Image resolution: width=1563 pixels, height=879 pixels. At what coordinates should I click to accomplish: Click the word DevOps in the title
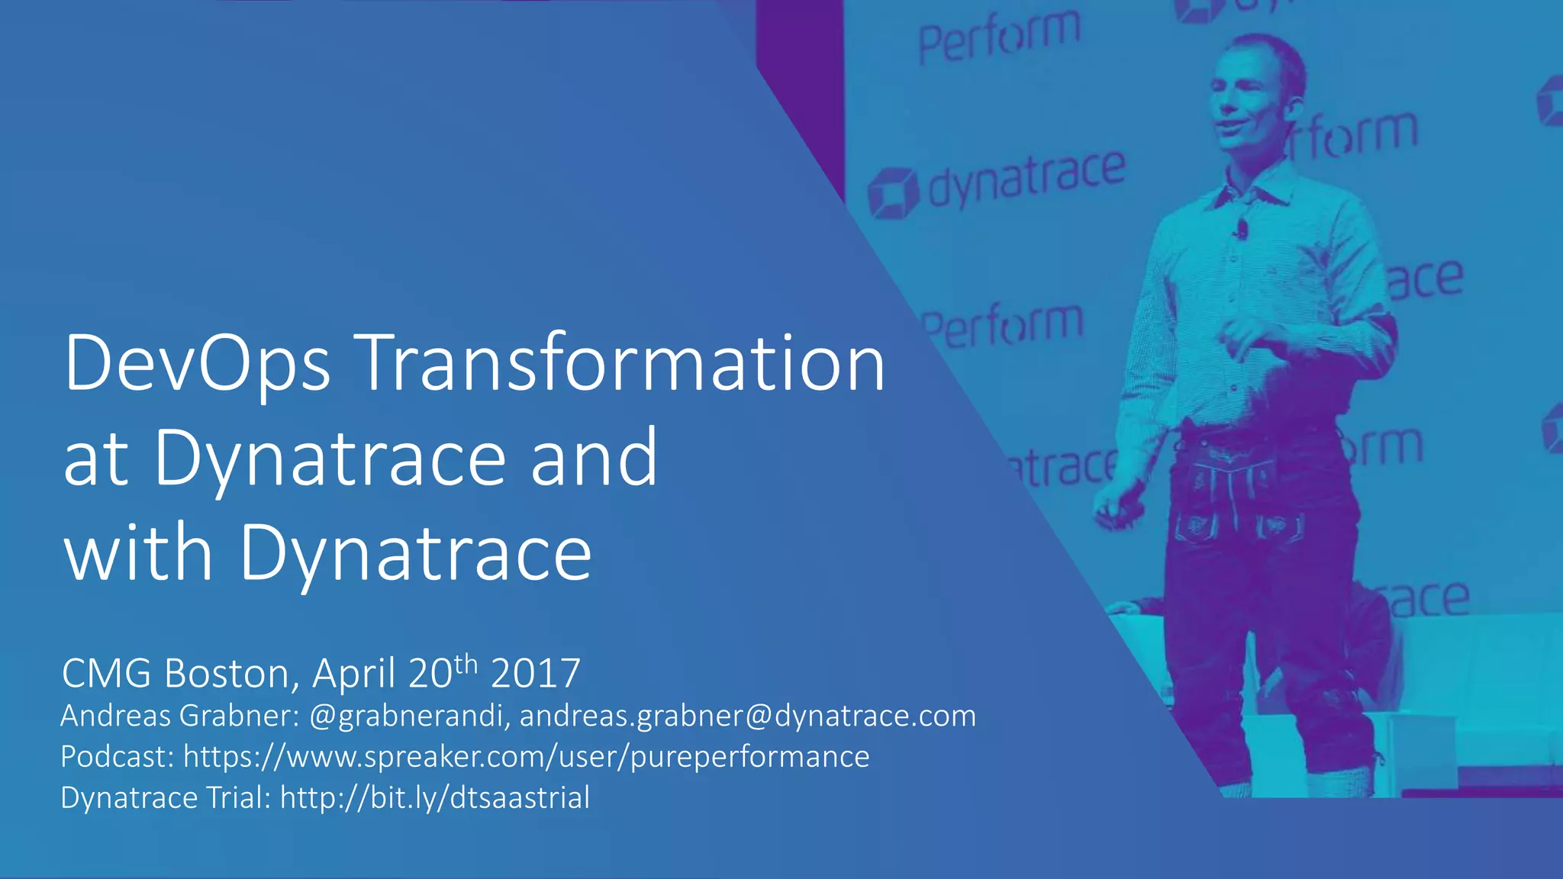pos(197,364)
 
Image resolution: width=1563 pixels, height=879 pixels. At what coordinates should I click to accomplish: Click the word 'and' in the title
pos(594,458)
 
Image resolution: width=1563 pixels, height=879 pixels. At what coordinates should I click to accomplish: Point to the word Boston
pos(227,673)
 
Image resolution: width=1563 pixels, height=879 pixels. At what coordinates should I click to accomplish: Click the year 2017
pos(536,673)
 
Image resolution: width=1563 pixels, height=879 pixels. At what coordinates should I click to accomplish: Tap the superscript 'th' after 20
pos(466,664)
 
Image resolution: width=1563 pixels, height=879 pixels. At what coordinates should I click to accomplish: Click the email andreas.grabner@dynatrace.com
pos(747,716)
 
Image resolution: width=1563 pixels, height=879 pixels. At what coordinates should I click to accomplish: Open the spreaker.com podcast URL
pos(526,757)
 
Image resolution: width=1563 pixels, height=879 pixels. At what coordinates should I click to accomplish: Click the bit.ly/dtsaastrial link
pos(435,798)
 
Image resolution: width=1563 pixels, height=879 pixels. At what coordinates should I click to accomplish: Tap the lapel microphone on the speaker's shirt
pos(1242,227)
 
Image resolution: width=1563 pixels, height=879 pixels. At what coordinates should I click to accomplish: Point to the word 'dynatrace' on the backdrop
pos(1026,179)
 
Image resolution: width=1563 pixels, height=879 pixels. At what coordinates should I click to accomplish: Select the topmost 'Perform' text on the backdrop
pos(1000,37)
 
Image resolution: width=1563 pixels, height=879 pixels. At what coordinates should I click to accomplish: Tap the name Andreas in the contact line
pos(115,716)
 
